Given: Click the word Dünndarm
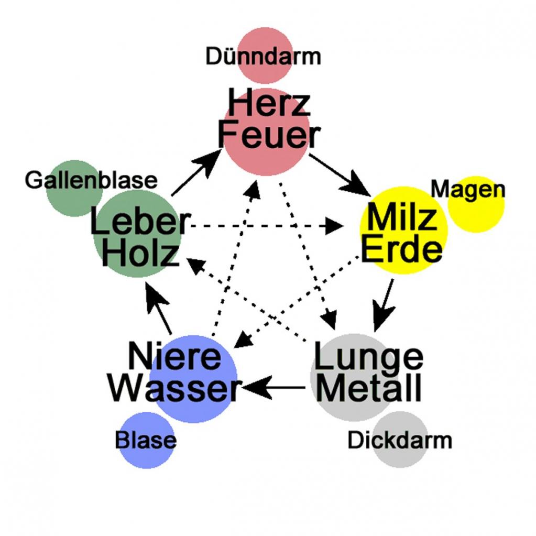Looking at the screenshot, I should tap(262, 56).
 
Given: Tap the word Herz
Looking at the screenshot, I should tap(268, 103).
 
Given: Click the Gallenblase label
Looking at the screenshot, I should tap(91, 180).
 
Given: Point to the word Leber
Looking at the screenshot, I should tap(138, 222).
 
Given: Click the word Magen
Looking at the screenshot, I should tap(468, 189).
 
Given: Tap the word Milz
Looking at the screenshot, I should tap(402, 217).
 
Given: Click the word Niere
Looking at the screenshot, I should tap(175, 357).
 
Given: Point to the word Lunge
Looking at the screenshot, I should tap(368, 358).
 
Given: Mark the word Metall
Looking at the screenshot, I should tap(369, 389).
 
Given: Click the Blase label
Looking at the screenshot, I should tap(146, 440).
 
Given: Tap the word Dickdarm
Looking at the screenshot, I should tap(399, 440).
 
